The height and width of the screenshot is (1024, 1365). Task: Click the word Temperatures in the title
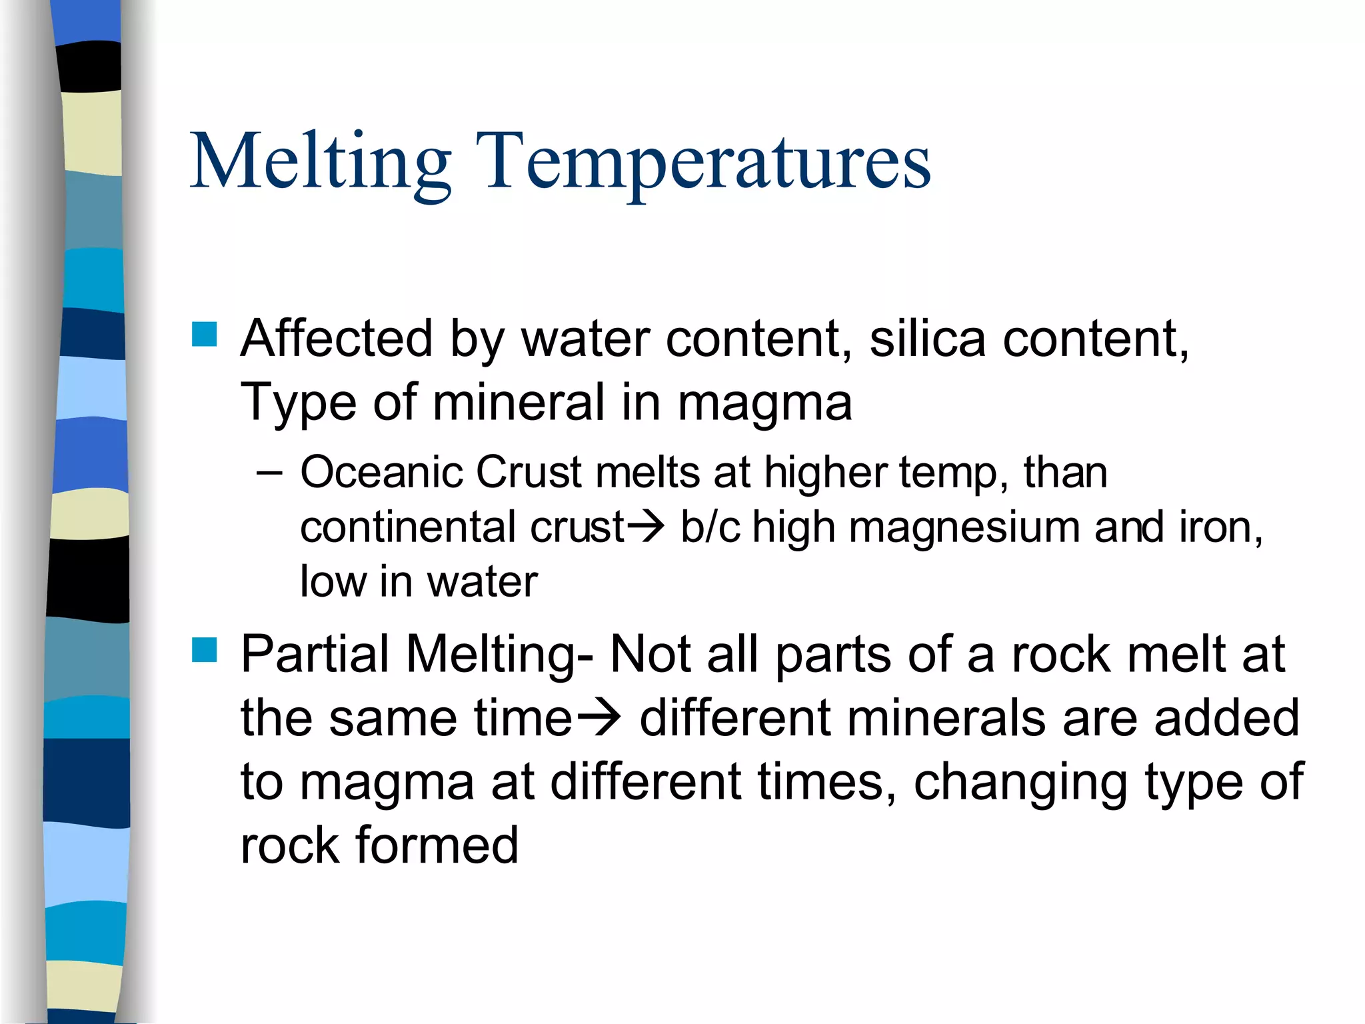[x=703, y=162]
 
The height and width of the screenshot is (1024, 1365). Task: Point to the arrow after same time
[x=599, y=717]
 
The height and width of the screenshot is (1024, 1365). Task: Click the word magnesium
[x=964, y=527]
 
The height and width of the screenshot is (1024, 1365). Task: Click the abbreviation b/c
[x=710, y=527]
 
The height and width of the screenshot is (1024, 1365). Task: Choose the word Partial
[x=315, y=654]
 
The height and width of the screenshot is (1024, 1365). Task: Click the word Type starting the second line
[x=298, y=403]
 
